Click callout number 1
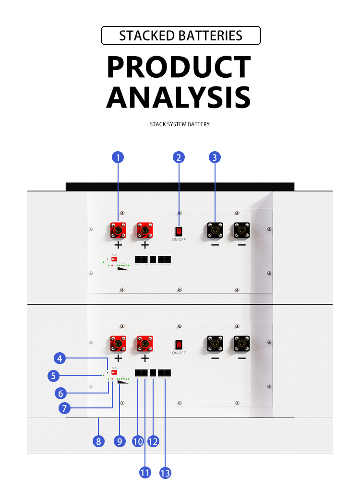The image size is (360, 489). pos(118,157)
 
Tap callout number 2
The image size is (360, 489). pos(179,157)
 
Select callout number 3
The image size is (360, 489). pos(215,157)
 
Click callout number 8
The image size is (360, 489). pos(98,441)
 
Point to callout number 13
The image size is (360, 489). pos(165,473)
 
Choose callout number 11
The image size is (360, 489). pos(145,473)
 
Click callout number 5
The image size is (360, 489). pos(54,375)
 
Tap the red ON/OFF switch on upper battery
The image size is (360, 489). pos(179,230)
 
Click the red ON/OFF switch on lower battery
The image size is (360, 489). pos(179,344)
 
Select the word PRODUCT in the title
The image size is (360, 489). pos(179,67)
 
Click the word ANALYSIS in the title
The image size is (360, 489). pos(179,97)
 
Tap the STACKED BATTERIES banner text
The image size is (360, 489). pos(180,36)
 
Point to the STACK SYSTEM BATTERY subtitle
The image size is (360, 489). pos(180,124)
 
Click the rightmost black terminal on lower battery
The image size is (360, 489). pos(241,344)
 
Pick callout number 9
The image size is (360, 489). pos(120,441)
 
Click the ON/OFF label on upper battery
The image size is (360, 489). pos(179,239)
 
